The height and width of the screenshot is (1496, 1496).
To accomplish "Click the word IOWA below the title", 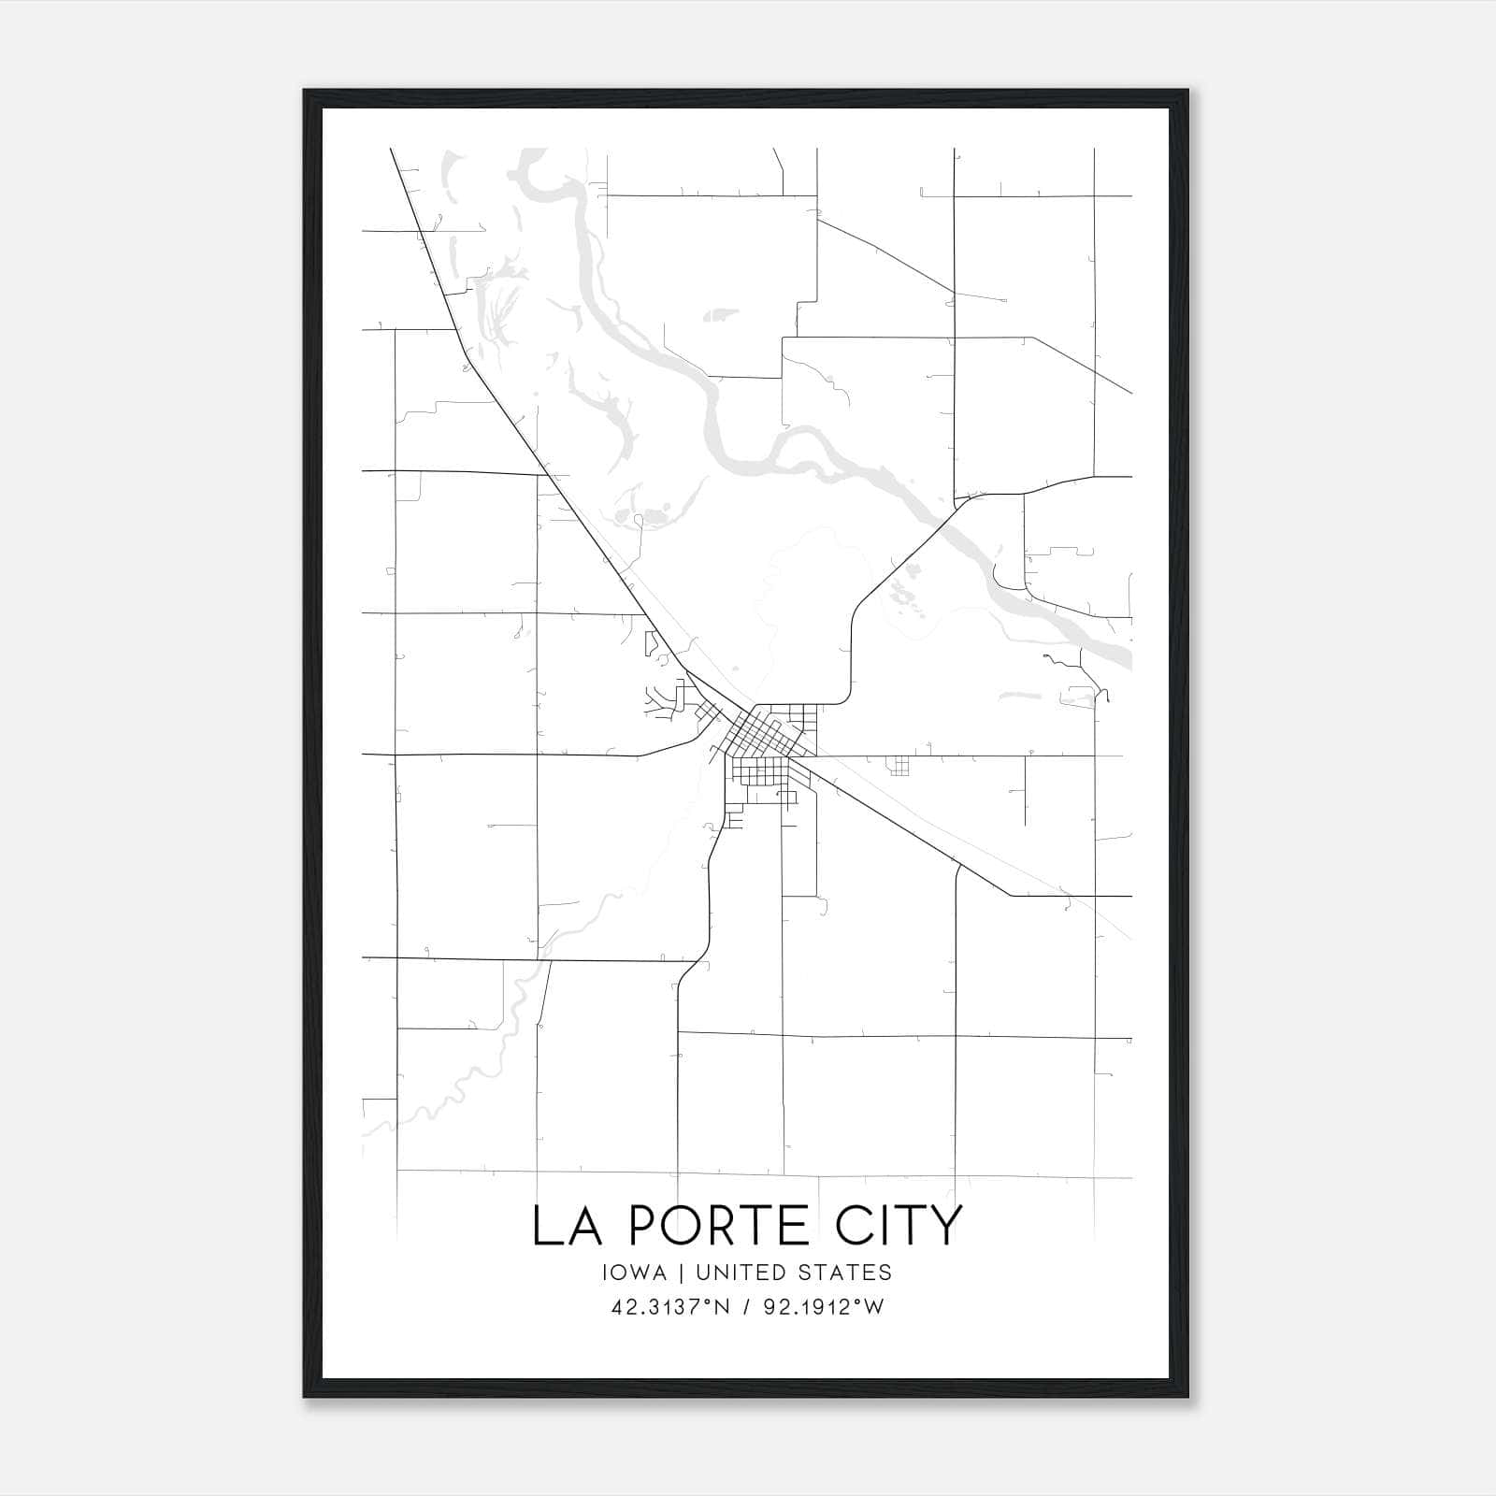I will click(x=635, y=1273).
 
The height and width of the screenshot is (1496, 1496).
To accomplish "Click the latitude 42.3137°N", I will click(x=667, y=1308).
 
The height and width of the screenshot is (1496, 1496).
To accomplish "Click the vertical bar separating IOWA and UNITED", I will click(x=681, y=1273).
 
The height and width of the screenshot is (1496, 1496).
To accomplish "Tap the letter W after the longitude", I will click(x=872, y=1308).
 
